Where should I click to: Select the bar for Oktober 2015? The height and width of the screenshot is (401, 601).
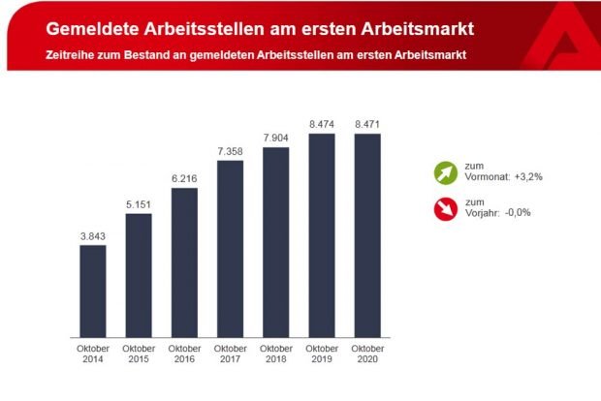(139, 274)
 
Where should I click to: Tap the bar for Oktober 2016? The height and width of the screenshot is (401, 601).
(184, 262)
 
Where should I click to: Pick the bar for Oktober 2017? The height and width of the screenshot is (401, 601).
(231, 248)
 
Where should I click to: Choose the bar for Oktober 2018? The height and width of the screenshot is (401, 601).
(276, 241)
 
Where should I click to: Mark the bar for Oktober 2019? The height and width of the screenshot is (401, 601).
(322, 234)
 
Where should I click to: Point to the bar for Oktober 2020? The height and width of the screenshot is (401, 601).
(367, 234)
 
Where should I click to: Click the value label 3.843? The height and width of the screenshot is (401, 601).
(93, 234)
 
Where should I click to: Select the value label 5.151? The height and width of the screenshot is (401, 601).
(139, 202)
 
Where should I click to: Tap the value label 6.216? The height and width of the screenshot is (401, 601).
(184, 177)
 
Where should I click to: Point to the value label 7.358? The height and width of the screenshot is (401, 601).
(231, 150)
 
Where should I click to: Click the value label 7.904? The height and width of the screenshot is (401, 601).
(276, 137)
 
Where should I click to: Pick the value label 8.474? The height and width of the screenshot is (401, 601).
(322, 123)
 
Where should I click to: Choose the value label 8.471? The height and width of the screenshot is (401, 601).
(367, 123)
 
